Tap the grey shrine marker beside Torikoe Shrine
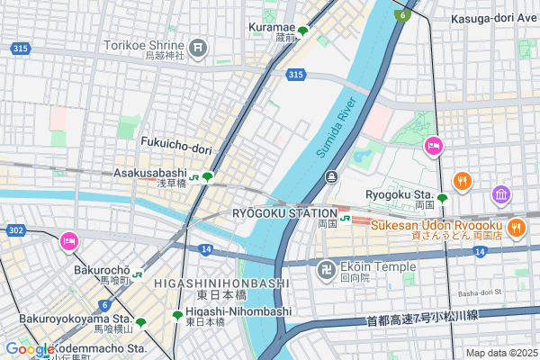pos(199,46)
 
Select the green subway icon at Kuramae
pos(303,30)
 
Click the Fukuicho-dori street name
pos(175,141)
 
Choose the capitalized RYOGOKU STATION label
pos(284,212)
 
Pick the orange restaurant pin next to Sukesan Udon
pos(517,228)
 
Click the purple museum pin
pos(501,194)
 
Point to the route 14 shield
pos(206,248)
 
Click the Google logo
pos(30,349)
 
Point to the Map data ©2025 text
pos(501,353)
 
